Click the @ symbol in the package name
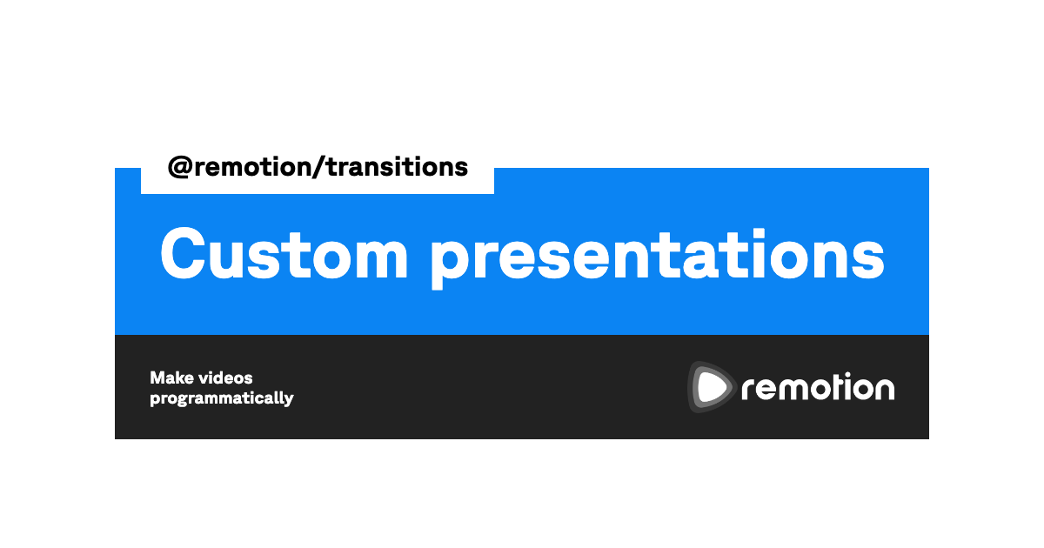tap(180, 167)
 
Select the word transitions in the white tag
tap(397, 167)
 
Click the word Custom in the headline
tap(284, 254)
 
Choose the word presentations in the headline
tap(657, 258)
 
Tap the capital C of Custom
tap(183, 253)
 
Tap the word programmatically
tap(222, 398)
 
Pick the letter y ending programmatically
tap(288, 400)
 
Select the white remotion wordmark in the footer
tap(818, 387)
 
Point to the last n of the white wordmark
tap(882, 389)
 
